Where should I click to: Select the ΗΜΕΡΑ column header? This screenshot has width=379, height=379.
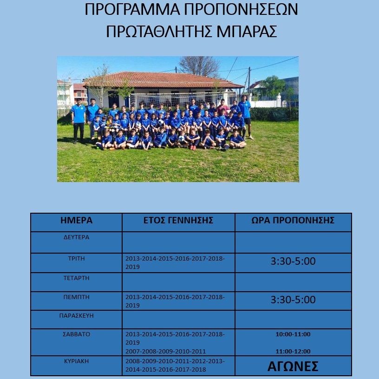coord(77,221)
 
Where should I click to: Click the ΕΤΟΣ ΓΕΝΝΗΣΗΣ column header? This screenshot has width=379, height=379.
coord(178,221)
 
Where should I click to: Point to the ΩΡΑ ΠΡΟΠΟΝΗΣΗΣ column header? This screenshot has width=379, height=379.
coord(293,221)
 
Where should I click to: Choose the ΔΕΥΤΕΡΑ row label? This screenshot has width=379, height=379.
coord(77,237)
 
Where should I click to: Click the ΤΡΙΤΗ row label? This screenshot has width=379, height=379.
coord(77,257)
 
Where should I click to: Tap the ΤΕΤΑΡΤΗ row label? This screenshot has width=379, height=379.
coord(77,278)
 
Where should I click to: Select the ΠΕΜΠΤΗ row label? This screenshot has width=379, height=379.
coord(77,296)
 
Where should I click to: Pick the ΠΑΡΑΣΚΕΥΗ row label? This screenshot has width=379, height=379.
coord(77,315)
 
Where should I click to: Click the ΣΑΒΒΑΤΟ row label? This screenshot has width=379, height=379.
coord(77,333)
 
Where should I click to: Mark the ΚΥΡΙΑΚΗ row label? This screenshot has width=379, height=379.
coord(77,360)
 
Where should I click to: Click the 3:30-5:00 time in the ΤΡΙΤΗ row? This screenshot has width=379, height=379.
coord(293,261)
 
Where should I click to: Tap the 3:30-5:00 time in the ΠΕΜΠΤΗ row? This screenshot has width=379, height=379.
coord(293,300)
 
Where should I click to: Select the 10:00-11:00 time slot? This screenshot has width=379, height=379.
coord(293,334)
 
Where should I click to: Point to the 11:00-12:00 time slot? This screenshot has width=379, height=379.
coord(293,352)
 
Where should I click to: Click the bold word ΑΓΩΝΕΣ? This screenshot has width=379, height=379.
coord(293,366)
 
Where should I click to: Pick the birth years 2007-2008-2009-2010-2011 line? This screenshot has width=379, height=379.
coord(166,352)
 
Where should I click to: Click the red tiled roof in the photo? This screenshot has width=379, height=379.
coord(163,79)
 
